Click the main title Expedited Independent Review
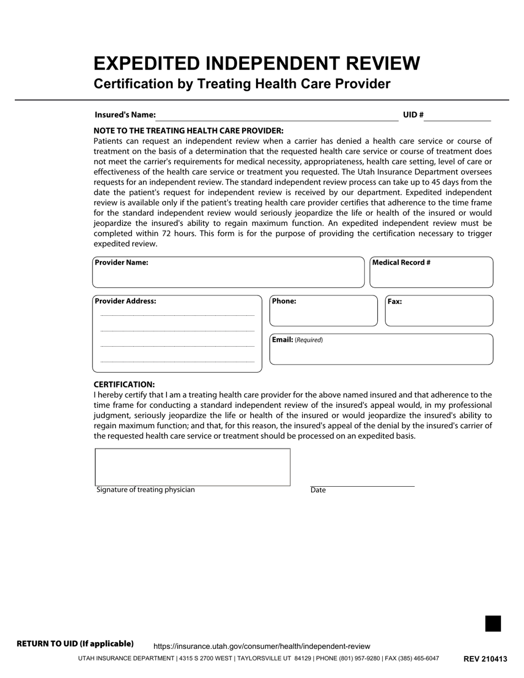click(256, 63)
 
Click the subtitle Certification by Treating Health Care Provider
click(242, 84)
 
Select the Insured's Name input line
click(277, 116)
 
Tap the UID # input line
click(457, 116)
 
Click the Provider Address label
click(125, 302)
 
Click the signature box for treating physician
click(193, 467)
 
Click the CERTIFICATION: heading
click(124, 384)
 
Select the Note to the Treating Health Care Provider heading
click(189, 131)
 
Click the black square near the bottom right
click(493, 623)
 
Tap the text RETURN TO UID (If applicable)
click(75, 644)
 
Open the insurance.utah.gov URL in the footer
click(261, 646)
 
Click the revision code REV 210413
click(485, 659)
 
